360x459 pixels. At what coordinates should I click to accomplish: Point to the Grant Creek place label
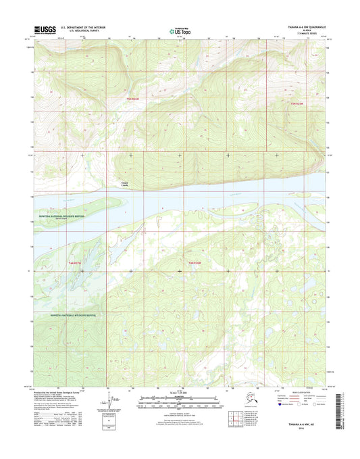coord(124,184)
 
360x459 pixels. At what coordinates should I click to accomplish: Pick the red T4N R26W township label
coord(196,262)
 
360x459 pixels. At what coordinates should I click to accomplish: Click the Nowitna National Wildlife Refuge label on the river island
coord(62,216)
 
